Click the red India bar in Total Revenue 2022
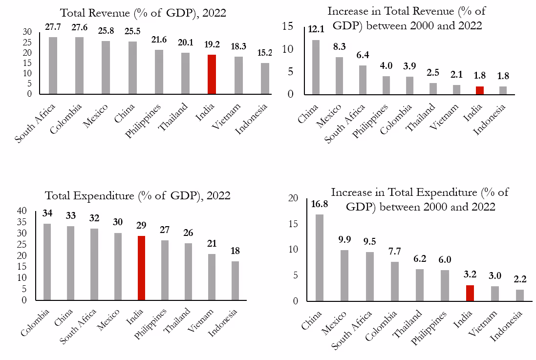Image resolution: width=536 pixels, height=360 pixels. [x=212, y=74]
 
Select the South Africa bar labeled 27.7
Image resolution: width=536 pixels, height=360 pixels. [x=53, y=65]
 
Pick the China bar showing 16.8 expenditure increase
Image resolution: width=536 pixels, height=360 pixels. [x=319, y=257]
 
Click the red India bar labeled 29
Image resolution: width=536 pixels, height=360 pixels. [x=142, y=268]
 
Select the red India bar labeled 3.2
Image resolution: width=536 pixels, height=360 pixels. [x=471, y=293]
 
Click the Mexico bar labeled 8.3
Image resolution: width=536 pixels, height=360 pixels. [x=339, y=76]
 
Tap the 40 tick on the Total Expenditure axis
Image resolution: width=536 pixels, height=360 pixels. [x=23, y=211]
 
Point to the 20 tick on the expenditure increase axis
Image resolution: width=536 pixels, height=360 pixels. [x=293, y=198]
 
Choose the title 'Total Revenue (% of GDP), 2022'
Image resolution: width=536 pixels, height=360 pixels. [x=143, y=13]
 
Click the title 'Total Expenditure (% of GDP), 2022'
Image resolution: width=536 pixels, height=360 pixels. [x=138, y=196]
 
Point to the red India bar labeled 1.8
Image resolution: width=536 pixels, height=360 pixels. [x=480, y=90]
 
